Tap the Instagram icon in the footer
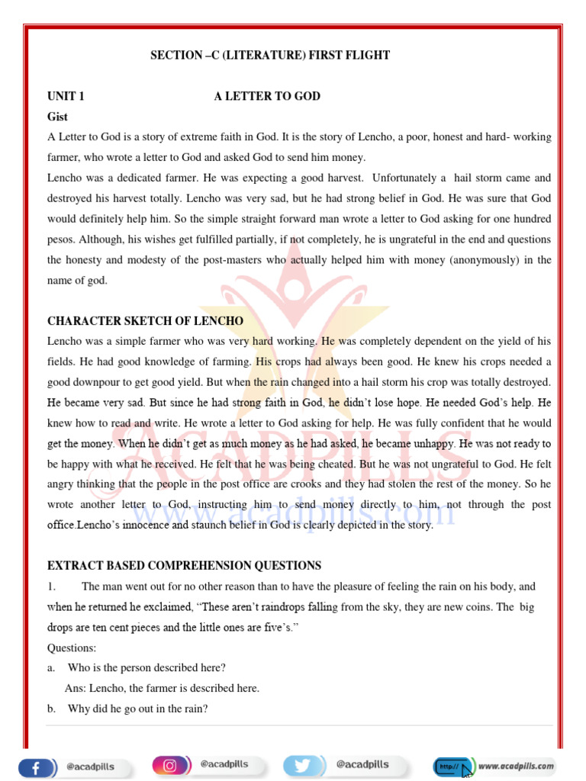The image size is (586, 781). pyautogui.click(x=169, y=764)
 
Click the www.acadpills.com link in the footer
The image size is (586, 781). pyautogui.click(x=516, y=765)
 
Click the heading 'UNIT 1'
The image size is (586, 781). pyautogui.click(x=66, y=96)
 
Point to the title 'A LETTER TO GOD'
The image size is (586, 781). pyautogui.click(x=267, y=96)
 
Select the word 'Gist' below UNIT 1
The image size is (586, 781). pyautogui.click(x=57, y=117)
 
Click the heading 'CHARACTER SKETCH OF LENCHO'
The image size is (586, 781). pyautogui.click(x=145, y=320)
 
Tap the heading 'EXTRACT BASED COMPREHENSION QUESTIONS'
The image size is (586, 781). pyautogui.click(x=184, y=565)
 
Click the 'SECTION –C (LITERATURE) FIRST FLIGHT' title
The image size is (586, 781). pyautogui.click(x=270, y=55)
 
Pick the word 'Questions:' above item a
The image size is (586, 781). pyautogui.click(x=72, y=648)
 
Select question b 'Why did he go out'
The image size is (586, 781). pyautogui.click(x=137, y=709)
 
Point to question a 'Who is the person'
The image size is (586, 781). pyautogui.click(x=146, y=667)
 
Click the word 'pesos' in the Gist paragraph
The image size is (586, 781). pyautogui.click(x=61, y=239)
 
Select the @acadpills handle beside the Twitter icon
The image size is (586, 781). pyautogui.click(x=362, y=764)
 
